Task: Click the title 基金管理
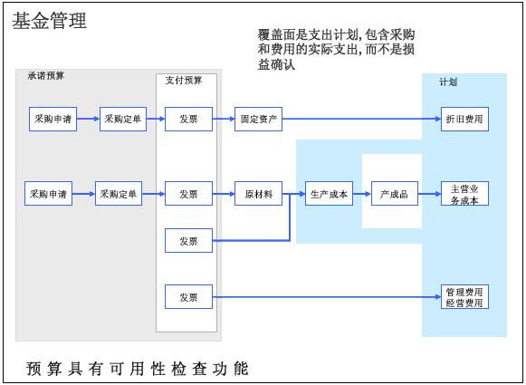pos(50,21)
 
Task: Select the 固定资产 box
pos(258,119)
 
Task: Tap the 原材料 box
pos(258,194)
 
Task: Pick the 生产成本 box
pos(329,194)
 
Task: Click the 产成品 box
pos(395,194)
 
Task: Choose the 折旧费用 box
pos(464,119)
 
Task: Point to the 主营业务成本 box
pos(464,194)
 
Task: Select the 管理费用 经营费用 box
pos(464,297)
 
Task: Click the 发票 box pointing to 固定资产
pos(188,119)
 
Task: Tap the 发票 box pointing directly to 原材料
pos(188,194)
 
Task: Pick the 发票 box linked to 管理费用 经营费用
pos(188,297)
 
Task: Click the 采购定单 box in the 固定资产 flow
pos(123,119)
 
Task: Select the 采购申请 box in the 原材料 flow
pos(48,194)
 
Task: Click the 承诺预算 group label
pos(45,76)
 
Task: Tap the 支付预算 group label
pos(184,81)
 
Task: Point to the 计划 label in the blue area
pos(448,82)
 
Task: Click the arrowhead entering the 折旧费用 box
pos(438,119)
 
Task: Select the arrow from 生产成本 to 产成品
pos(362,194)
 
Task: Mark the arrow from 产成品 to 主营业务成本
pos(429,194)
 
